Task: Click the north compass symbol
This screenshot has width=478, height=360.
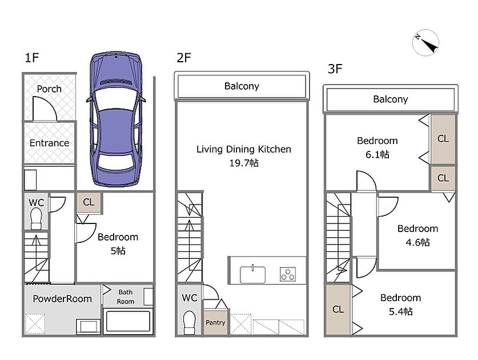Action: tap(425, 43)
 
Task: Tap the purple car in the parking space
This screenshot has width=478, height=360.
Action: tap(116, 119)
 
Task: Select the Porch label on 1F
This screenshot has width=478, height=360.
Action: tap(49, 89)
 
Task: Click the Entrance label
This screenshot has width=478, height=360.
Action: tap(49, 143)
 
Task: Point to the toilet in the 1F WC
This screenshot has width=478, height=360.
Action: tap(37, 219)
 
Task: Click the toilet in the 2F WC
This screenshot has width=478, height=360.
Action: tap(189, 323)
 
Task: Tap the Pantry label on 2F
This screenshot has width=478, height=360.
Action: tap(215, 322)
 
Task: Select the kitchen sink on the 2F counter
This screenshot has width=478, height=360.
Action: tap(252, 274)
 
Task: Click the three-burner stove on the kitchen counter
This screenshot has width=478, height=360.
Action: tap(288, 274)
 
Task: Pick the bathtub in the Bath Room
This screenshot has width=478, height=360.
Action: tap(128, 321)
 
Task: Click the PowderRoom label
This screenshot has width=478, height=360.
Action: tap(62, 299)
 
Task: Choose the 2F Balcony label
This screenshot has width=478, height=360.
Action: tap(242, 86)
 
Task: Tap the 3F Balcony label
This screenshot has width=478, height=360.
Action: tap(391, 99)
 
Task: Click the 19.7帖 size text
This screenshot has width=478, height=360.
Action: tap(244, 163)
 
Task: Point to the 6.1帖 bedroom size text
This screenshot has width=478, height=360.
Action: tap(377, 154)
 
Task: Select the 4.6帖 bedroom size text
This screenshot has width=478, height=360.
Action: tap(417, 242)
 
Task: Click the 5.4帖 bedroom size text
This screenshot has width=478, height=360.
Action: tap(400, 311)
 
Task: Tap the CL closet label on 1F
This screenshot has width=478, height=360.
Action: tap(89, 202)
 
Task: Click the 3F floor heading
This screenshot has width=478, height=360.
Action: tap(335, 69)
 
